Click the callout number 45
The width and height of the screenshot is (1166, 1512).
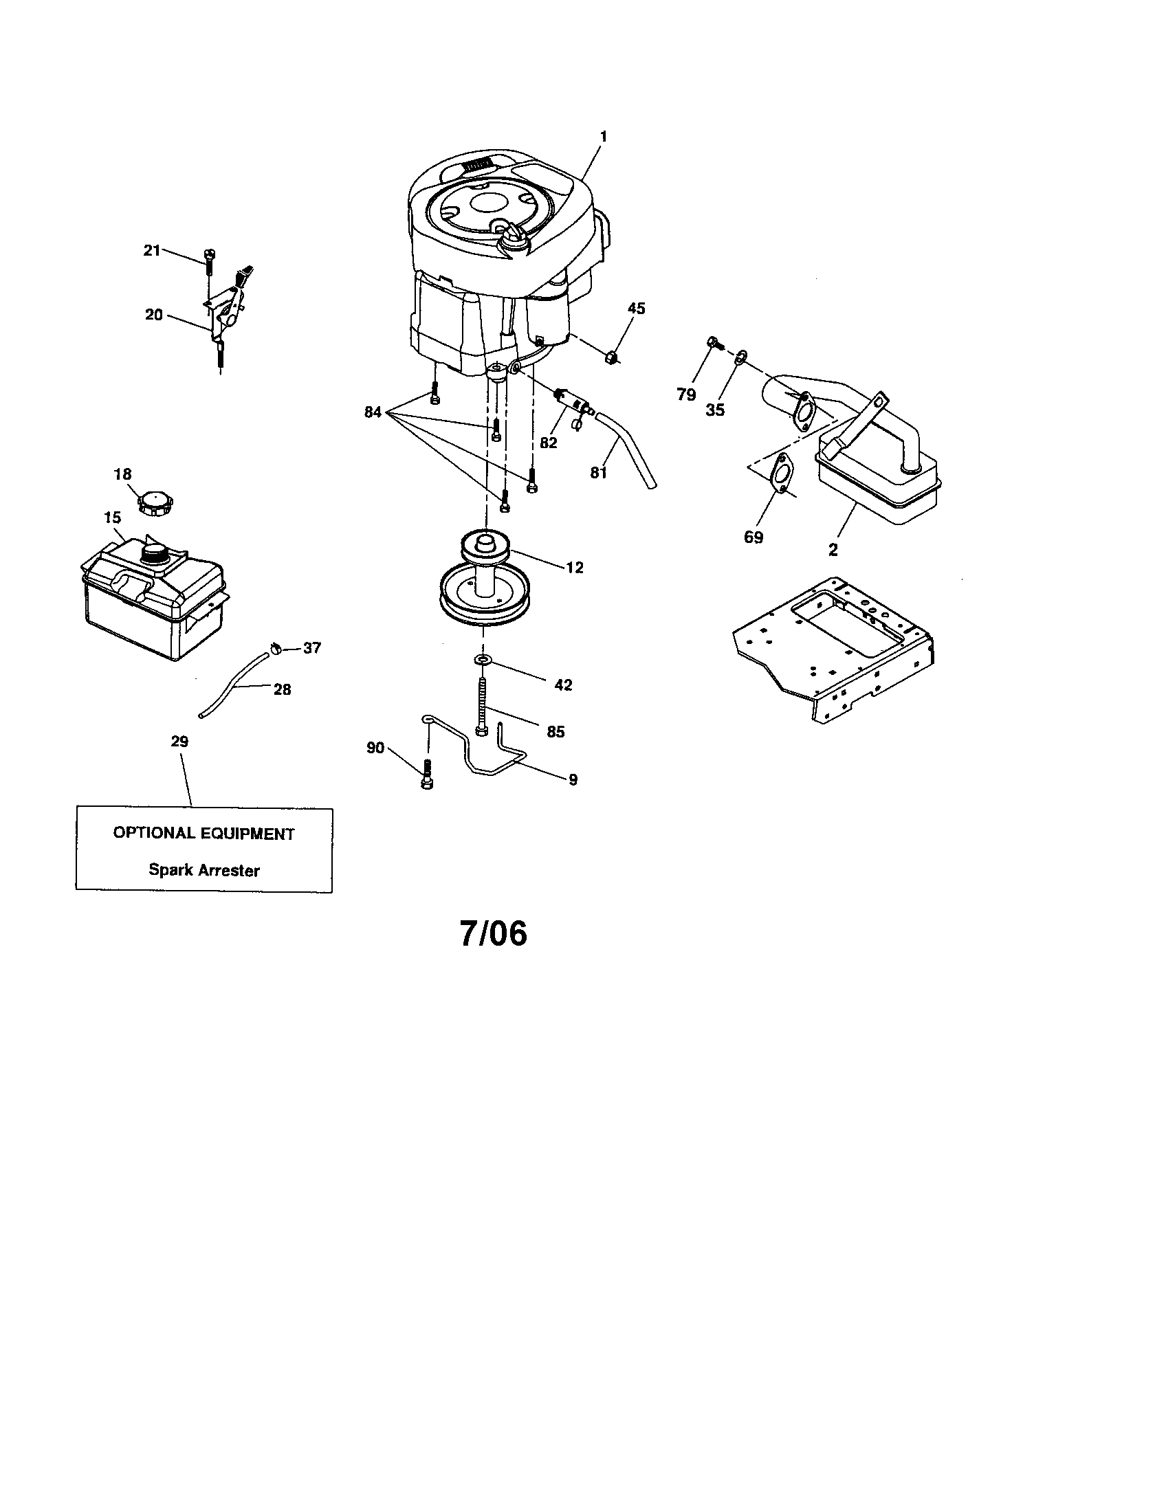[636, 308]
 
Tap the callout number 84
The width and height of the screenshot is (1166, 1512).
[373, 412]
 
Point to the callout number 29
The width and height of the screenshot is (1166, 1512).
[179, 742]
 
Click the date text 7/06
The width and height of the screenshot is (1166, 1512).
[493, 934]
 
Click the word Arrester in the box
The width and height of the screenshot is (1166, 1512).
[228, 870]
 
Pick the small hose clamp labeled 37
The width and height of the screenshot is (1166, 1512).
[276, 649]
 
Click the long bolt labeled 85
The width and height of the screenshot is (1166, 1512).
[482, 705]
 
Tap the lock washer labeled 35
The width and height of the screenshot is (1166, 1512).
[740, 357]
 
